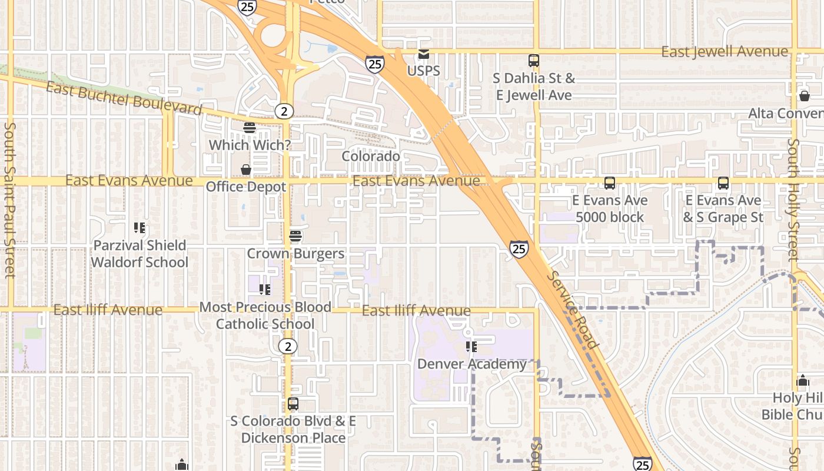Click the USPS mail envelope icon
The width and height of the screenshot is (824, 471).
click(423, 54)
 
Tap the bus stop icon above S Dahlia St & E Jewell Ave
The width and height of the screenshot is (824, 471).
click(534, 61)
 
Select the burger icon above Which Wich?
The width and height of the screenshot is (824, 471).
click(250, 128)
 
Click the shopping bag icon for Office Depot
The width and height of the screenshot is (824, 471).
click(246, 170)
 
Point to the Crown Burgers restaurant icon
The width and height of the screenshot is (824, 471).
click(295, 237)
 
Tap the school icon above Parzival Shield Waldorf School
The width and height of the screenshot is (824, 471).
click(139, 228)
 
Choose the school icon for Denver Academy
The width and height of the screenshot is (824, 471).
click(471, 347)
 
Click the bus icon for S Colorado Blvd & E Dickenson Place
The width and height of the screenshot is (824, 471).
click(293, 404)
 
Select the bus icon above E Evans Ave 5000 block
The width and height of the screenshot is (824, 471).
click(610, 183)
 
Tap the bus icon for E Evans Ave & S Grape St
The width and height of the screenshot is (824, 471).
click(723, 183)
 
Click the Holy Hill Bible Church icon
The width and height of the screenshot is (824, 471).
click(803, 381)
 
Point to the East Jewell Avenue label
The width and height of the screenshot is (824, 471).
click(725, 52)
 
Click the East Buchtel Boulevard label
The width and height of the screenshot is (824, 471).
click(124, 98)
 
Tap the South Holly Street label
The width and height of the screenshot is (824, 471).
click(794, 200)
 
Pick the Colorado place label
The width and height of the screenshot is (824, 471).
click(371, 157)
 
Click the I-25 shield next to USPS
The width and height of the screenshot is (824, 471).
click(375, 64)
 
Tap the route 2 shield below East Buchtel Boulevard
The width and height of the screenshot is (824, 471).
click(284, 111)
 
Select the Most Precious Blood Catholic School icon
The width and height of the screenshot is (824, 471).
click(265, 290)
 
